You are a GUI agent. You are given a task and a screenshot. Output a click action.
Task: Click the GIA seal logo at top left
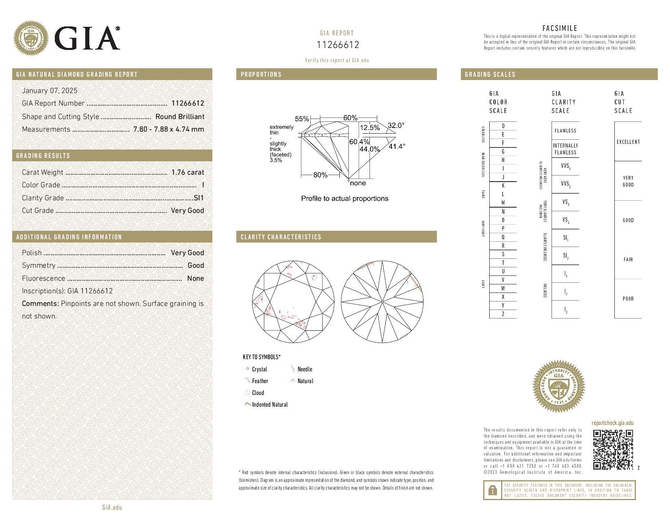coord(31,39)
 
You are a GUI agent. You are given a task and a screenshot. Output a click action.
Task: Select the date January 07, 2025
coord(50,91)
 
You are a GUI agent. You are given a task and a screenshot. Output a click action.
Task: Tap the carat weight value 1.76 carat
coord(188,172)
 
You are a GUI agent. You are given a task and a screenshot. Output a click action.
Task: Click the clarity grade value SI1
coord(199,198)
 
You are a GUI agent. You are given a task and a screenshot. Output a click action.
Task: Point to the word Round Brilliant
coord(180,117)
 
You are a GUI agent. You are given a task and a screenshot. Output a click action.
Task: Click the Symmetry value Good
coord(196,265)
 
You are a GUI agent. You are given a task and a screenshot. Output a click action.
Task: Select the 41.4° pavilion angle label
coord(397,146)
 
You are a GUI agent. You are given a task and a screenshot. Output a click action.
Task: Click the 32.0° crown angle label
coord(396,126)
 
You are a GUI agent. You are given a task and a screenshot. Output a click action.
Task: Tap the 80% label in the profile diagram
coord(320,175)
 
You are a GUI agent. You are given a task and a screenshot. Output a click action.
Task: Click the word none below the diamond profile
coord(358,183)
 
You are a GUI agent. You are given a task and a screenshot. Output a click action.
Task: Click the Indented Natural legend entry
coord(270,405)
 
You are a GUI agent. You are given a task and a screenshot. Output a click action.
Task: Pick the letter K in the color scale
coord(503,186)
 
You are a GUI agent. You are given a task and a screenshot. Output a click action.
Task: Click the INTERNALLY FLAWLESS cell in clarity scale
coord(565,149)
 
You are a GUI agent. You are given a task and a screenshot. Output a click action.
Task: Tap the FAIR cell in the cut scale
coord(628,260)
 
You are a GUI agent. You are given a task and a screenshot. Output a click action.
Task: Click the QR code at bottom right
coord(613,449)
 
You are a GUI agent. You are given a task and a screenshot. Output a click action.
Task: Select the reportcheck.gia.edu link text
coord(612,423)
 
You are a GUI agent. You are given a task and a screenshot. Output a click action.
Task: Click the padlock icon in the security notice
coord(492,490)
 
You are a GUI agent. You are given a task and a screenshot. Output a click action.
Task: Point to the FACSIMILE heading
coord(560,28)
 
